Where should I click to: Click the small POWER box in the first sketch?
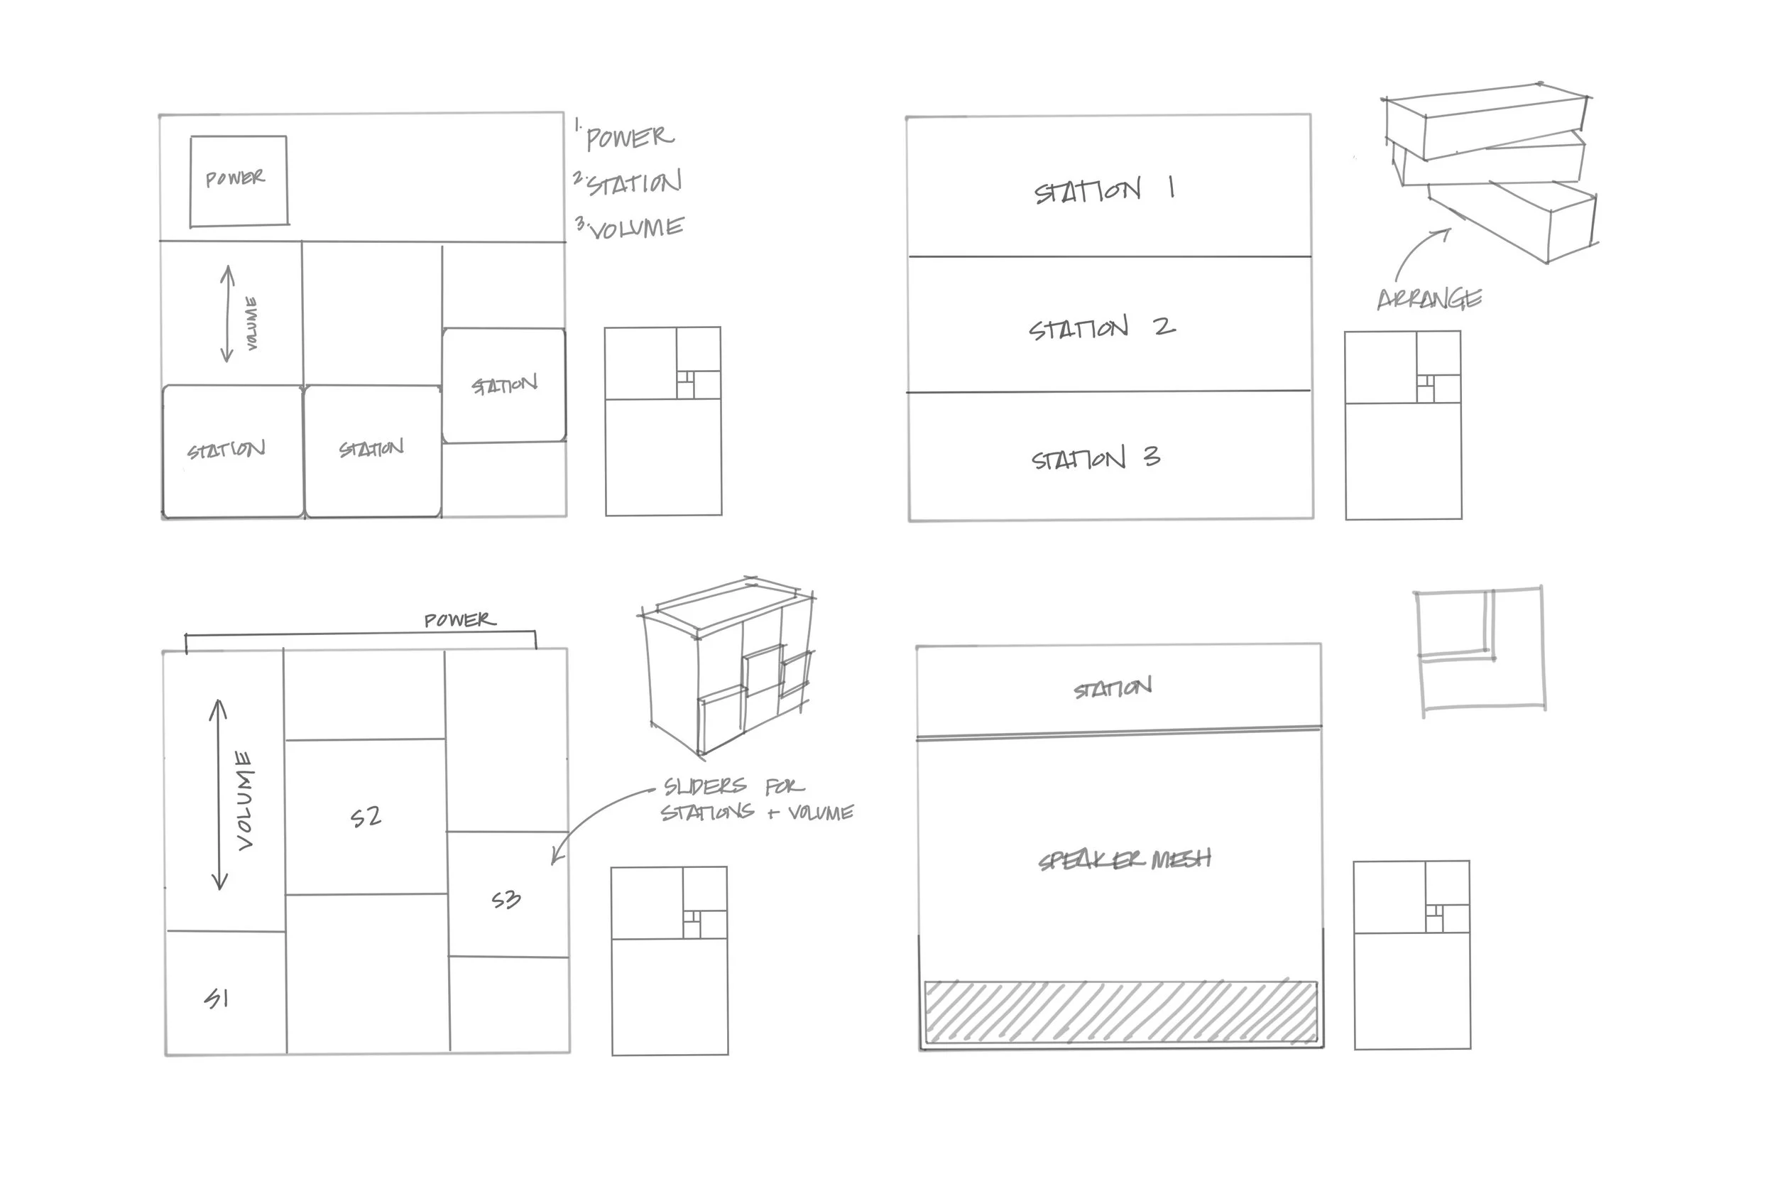point(239,180)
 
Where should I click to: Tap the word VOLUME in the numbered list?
point(636,228)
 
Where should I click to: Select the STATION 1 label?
point(1103,190)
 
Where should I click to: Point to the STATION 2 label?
point(1101,327)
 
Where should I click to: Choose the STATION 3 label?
point(1095,458)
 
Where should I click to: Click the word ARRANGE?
point(1429,300)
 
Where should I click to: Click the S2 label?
point(366,817)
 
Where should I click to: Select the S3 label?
point(506,899)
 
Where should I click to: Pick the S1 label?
point(217,999)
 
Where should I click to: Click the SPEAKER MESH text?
point(1125,860)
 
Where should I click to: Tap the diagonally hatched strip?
point(1120,1012)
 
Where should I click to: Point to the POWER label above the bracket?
point(459,620)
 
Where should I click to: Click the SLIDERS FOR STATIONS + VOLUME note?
point(756,800)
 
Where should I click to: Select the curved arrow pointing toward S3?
point(592,815)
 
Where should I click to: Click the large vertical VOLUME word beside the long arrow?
point(244,800)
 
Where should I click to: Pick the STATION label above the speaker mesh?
point(1113,688)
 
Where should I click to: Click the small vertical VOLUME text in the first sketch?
point(252,323)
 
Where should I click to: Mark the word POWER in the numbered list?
point(629,137)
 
